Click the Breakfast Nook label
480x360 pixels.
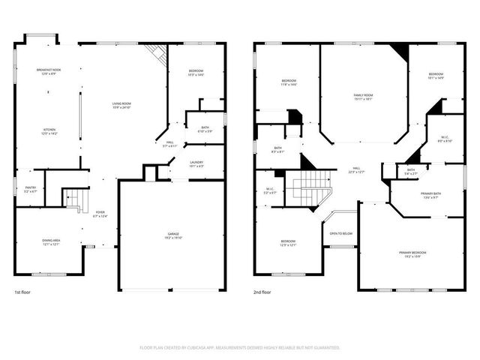click(x=48, y=70)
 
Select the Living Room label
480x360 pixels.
click(x=121, y=104)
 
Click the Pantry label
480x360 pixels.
click(x=30, y=189)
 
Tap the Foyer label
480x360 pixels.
click(x=100, y=213)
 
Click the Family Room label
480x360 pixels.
click(x=364, y=95)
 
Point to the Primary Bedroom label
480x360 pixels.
click(x=412, y=253)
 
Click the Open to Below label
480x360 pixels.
click(x=341, y=233)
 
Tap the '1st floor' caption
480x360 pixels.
click(x=22, y=292)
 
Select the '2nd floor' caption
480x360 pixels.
click(x=262, y=292)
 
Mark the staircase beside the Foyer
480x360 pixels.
click(x=73, y=199)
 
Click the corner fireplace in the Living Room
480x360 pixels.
click(x=156, y=52)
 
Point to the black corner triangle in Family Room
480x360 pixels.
click(x=399, y=52)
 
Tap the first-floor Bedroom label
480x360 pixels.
click(x=196, y=72)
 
